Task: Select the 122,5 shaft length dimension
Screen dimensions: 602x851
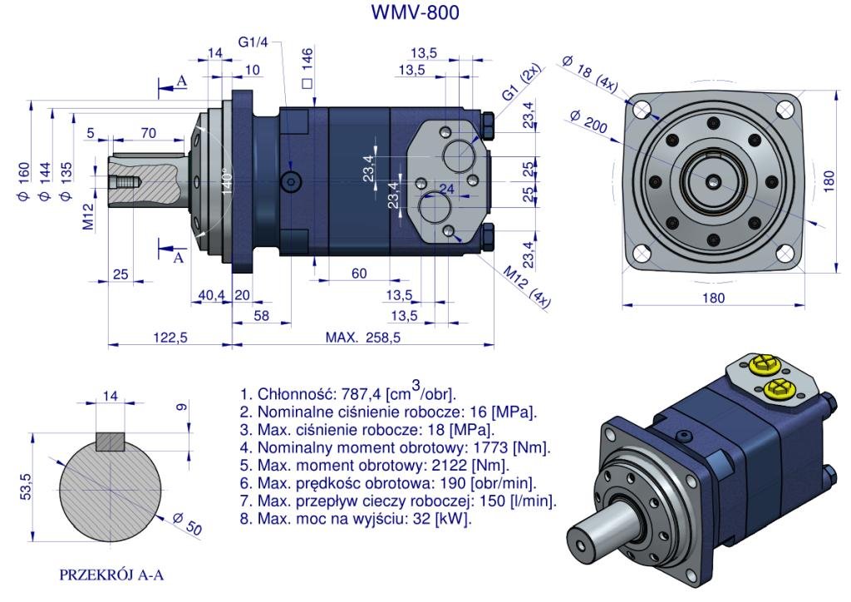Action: [170, 338]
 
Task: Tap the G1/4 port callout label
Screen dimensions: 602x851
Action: [253, 42]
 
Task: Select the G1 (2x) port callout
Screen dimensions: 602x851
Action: [521, 85]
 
